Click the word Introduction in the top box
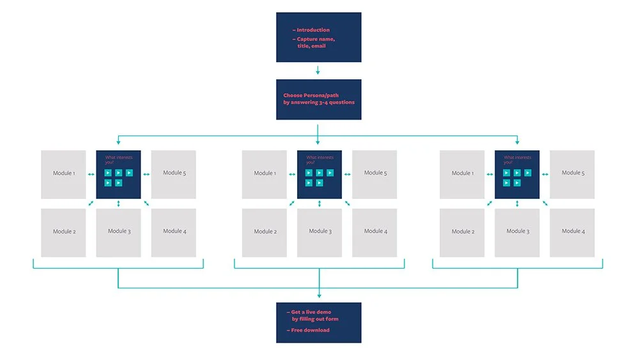(313, 30)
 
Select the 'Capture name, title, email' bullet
(316, 43)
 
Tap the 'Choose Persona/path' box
(318, 99)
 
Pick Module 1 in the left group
(63, 173)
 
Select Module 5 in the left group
(173, 173)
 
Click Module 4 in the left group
(173, 231)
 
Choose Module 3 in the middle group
(319, 231)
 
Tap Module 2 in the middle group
(265, 231)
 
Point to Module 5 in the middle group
(374, 173)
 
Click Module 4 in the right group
(572, 231)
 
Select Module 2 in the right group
(463, 231)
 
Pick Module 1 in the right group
(463, 173)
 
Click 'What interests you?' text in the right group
(517, 160)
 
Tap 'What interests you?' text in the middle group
(319, 160)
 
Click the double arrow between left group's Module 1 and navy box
(91, 173)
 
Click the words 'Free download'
(310, 330)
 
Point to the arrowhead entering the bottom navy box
(318, 297)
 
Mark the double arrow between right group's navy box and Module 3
(517, 203)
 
